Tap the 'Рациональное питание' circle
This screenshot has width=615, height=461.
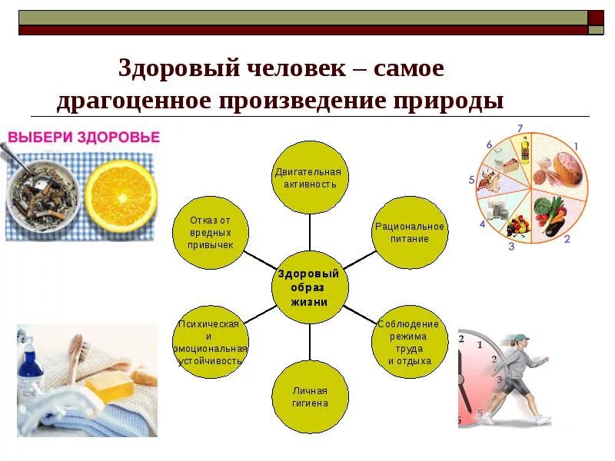[x=410, y=232]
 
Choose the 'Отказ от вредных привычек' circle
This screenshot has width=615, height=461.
[x=210, y=232]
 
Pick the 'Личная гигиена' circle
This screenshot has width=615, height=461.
[x=310, y=396]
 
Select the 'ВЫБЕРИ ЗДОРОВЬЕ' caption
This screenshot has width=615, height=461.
[x=84, y=138]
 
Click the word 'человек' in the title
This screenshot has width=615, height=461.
[x=296, y=68]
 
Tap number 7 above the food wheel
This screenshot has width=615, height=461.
[x=520, y=128]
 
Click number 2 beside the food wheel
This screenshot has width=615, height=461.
[x=567, y=239]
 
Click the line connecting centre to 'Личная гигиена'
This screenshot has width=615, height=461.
[x=310, y=343]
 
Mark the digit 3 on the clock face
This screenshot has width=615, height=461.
[x=499, y=380]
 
